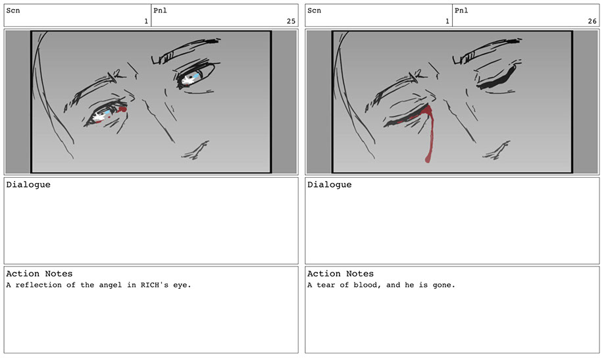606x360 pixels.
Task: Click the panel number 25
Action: [x=291, y=21]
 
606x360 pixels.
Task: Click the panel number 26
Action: [x=592, y=21]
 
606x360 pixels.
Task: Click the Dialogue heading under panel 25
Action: [x=28, y=184]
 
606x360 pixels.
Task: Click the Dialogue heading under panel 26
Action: [x=329, y=184]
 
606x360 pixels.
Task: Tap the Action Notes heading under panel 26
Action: [x=340, y=274]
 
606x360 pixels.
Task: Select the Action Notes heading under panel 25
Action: [x=39, y=274]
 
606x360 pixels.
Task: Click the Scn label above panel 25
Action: [x=13, y=11]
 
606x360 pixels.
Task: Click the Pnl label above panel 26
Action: [x=461, y=11]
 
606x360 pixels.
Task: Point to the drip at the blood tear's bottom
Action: [x=428, y=159]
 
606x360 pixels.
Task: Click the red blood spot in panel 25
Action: [x=122, y=109]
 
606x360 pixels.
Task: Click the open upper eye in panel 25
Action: [x=196, y=76]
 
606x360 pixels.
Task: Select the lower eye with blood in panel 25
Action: [x=105, y=113]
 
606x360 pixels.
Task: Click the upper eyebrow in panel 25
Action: [x=186, y=49]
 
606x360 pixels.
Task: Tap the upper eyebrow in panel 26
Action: [x=487, y=49]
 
